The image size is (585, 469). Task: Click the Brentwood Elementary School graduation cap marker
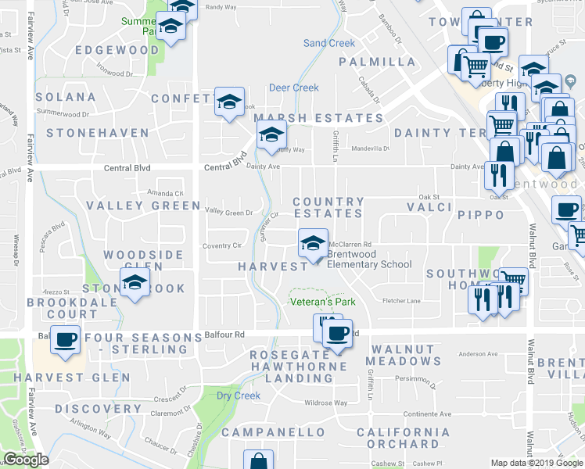[312, 243]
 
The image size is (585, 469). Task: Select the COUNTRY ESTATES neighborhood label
[328, 207]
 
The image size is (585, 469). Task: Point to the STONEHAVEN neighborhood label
[97, 133]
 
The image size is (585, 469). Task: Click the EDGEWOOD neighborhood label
[117, 50]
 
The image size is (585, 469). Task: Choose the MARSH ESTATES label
[319, 118]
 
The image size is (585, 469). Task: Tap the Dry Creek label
[238, 396]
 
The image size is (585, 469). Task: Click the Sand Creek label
[328, 44]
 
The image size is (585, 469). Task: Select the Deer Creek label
[294, 88]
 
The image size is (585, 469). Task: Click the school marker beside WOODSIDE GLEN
[135, 283]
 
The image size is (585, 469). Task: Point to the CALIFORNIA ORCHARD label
[403, 438]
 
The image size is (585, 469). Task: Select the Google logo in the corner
[25, 460]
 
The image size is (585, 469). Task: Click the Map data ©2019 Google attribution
[537, 462]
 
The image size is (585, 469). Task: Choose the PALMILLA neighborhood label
[377, 62]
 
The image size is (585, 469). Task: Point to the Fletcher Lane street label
[401, 301]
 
